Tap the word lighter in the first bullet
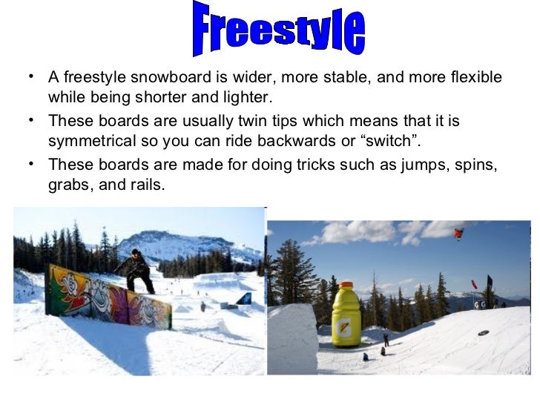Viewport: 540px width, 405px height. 248,98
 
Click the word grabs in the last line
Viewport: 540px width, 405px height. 68,185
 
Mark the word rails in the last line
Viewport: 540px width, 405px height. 145,185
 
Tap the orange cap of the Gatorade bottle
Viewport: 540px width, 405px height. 346,286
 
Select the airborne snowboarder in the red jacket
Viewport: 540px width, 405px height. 459,234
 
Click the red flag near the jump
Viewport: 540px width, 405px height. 474,285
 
